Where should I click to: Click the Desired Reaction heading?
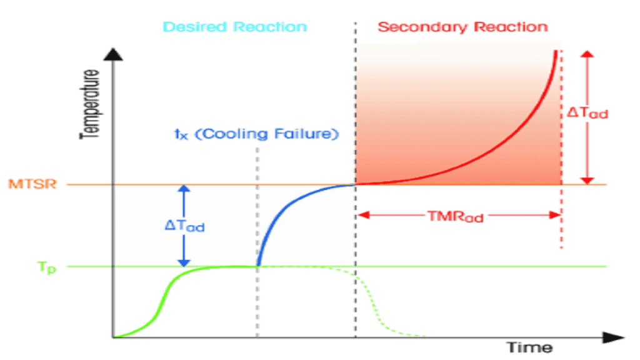tap(235, 27)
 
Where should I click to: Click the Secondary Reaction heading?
tap(462, 27)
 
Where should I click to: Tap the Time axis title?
tap(529, 347)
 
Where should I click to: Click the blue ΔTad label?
tap(185, 227)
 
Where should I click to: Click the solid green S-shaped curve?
tap(166, 294)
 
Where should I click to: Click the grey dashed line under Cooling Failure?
tap(257, 206)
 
